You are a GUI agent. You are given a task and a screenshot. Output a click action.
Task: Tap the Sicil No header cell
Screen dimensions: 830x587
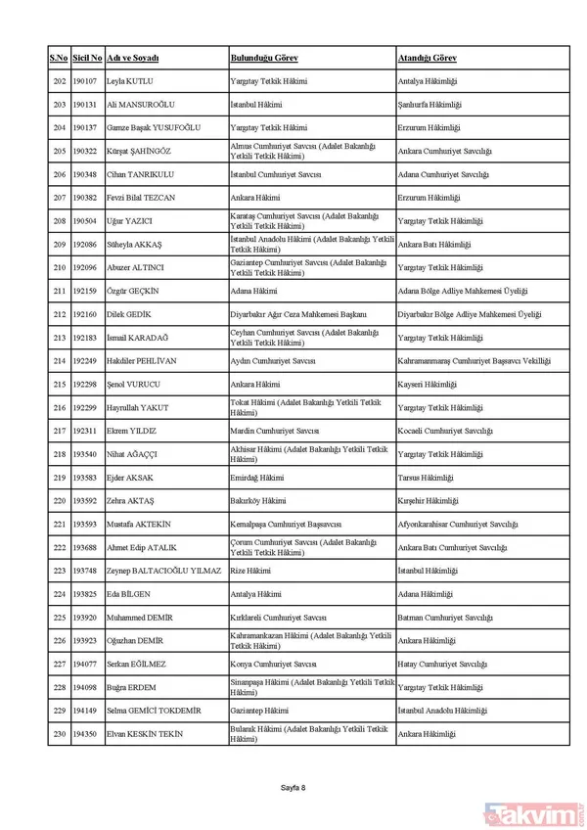(86, 59)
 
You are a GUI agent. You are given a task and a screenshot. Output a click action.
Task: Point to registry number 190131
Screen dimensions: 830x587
(86, 104)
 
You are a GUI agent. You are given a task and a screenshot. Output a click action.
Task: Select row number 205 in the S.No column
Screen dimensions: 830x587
(59, 151)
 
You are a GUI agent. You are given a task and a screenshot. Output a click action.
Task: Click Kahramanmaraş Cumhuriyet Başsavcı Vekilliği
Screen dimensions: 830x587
(474, 361)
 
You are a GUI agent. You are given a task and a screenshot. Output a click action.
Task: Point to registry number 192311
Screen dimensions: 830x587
(86, 431)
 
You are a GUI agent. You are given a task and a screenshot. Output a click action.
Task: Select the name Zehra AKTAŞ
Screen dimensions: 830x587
(131, 501)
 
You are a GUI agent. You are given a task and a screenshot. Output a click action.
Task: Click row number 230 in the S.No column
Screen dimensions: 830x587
(59, 734)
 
